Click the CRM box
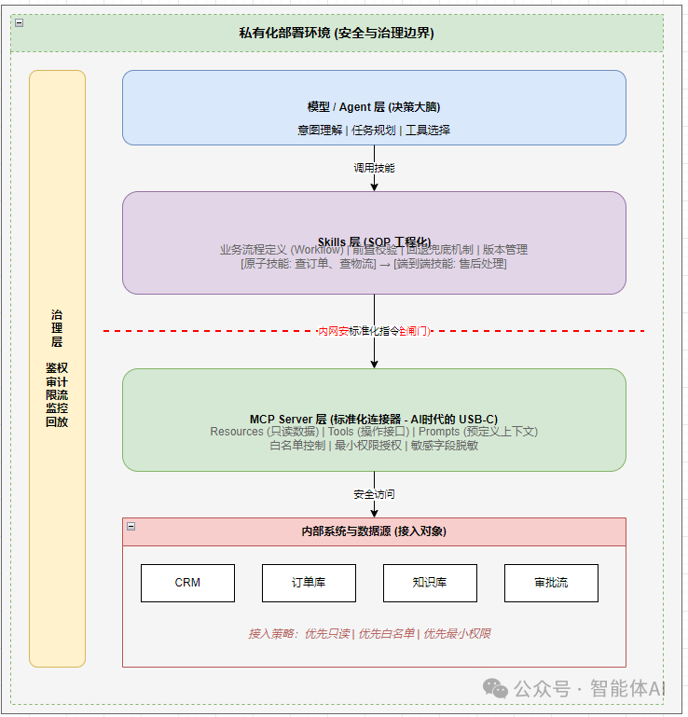pyautogui.click(x=187, y=583)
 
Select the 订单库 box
pyautogui.click(x=309, y=583)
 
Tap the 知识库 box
pyautogui.click(x=430, y=583)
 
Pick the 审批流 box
pyautogui.click(x=551, y=583)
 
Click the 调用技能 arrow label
pyautogui.click(x=374, y=168)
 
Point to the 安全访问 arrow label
pyautogui.click(x=374, y=494)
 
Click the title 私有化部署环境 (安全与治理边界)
pyautogui.click(x=337, y=34)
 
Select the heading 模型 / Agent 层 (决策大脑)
pyautogui.click(x=374, y=107)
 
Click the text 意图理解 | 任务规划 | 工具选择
pyautogui.click(x=374, y=130)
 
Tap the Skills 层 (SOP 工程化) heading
pyautogui.click(x=374, y=241)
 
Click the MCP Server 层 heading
pyautogui.click(x=374, y=420)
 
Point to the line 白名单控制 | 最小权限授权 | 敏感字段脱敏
pyautogui.click(x=374, y=445)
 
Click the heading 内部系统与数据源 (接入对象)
pyautogui.click(x=374, y=531)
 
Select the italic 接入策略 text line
pyautogui.click(x=369, y=633)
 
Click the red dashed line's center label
pyautogui.click(x=374, y=331)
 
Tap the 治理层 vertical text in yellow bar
pyautogui.click(x=57, y=328)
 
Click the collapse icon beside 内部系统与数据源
pyautogui.click(x=131, y=527)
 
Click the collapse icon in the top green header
pyautogui.click(x=19, y=22)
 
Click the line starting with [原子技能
pyautogui.click(x=374, y=264)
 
